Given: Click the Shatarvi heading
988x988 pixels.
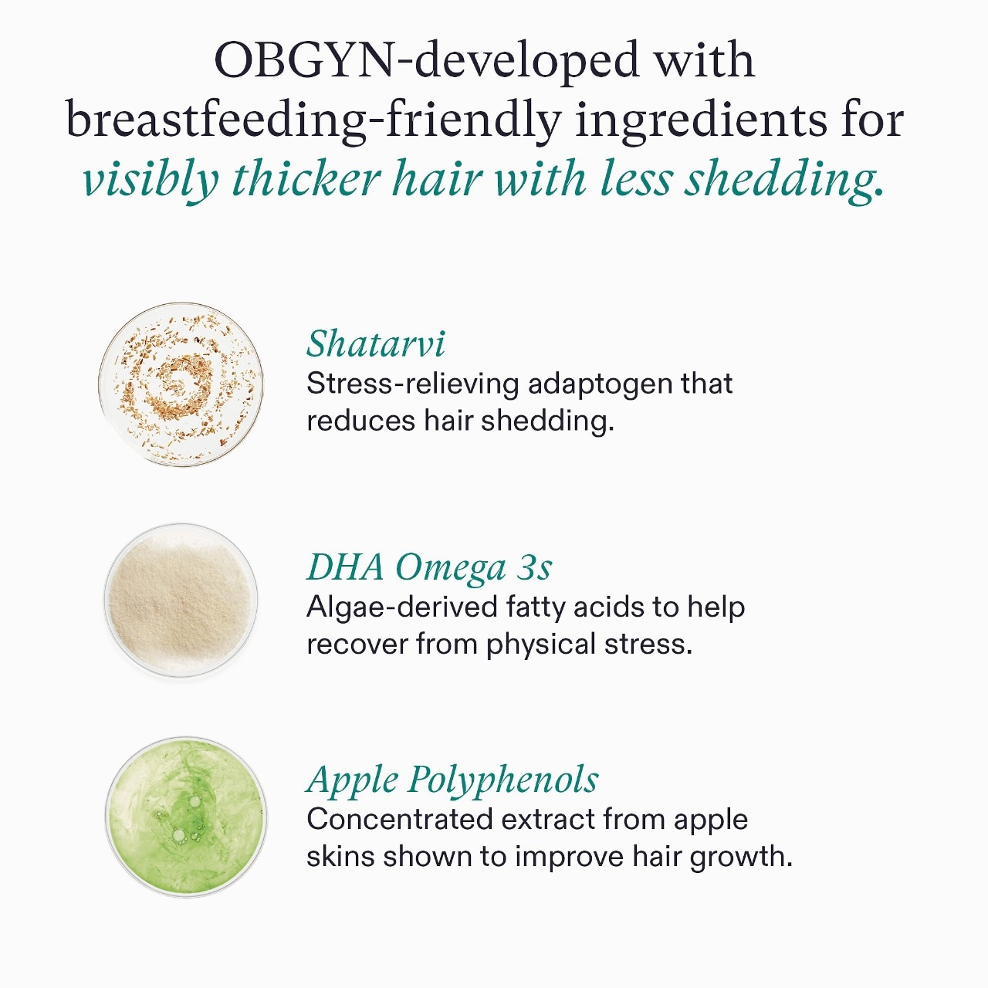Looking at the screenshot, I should tap(376, 344).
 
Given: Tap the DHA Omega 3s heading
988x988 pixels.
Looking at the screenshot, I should tap(429, 567).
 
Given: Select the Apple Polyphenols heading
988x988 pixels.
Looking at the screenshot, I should tap(452, 780).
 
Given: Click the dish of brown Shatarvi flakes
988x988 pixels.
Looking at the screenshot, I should tap(181, 384).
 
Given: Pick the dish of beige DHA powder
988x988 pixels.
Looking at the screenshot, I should tap(181, 601).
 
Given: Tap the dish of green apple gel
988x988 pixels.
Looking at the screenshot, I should tap(185, 817).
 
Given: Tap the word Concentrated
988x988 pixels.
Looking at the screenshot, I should tap(399, 819).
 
